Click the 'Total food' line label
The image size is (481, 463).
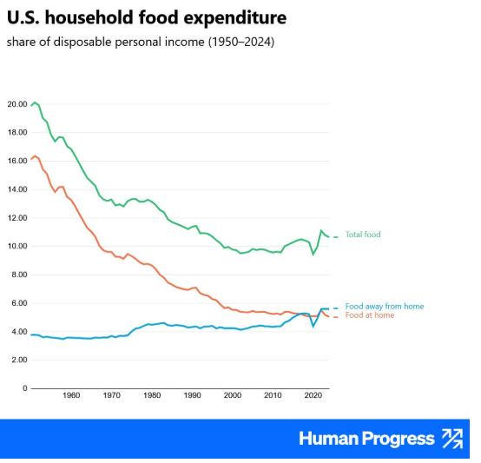[363, 235]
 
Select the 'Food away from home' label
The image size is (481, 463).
[384, 307]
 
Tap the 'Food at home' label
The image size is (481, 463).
[369, 315]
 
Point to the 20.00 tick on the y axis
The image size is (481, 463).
[17, 104]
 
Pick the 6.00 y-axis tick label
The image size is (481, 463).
[17, 303]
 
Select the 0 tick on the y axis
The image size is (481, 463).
[24, 388]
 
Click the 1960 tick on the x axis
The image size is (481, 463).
[71, 396]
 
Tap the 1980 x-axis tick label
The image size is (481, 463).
[152, 396]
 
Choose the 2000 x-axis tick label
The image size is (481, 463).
[233, 396]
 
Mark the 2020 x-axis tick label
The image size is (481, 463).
[313, 396]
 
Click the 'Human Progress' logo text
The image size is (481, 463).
[366, 439]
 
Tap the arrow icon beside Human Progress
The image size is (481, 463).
[452, 439]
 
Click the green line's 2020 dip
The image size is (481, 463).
[313, 255]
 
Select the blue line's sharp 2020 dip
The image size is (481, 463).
[313, 326]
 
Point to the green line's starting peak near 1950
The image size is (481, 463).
[35, 103]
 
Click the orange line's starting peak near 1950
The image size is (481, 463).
[35, 155]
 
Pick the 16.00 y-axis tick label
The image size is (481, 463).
[17, 162]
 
